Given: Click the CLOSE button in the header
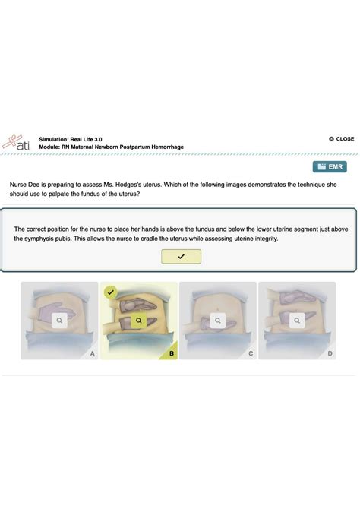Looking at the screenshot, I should pos(342,139).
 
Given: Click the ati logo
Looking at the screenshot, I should pos(17,142).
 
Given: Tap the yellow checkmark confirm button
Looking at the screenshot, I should pos(181,257).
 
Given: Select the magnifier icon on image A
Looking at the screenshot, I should pos(60,321).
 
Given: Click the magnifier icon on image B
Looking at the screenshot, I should pos(139,321).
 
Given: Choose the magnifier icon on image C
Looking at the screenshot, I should pos(218,321).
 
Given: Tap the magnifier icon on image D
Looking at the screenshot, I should pos(297,321).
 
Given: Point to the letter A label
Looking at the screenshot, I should pos(92,353).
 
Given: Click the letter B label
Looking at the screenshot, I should pos(172,353).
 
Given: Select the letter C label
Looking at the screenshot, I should pos(251,353).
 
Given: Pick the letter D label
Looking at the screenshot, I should pos(330,353).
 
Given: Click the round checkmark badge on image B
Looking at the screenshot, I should pos(111,292).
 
